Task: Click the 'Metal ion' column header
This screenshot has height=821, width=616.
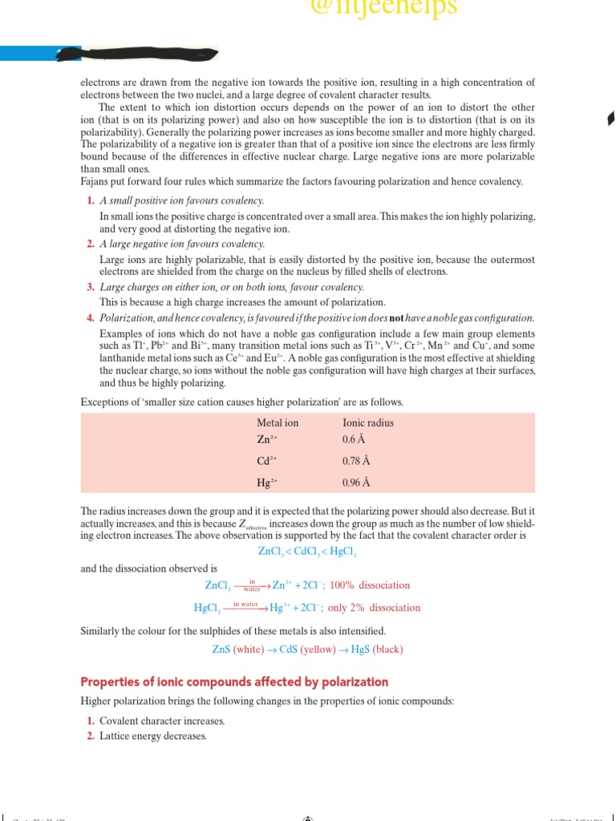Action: (x=277, y=423)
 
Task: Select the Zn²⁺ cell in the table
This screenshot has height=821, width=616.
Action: (x=266, y=439)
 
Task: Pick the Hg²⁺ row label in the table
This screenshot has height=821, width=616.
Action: (x=266, y=483)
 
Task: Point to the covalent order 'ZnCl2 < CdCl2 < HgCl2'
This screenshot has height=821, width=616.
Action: (x=307, y=552)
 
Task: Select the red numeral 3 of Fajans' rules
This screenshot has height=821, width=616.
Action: (x=91, y=287)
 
